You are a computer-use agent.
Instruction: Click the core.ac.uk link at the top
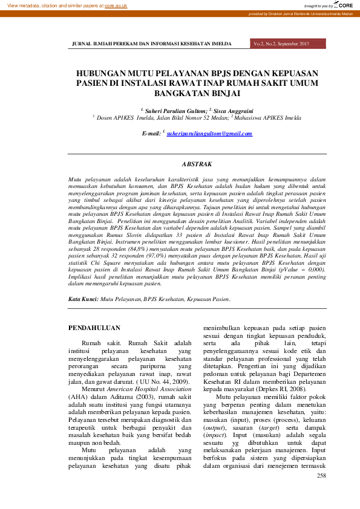click(116, 5)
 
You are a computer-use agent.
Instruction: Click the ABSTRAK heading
click(197, 164)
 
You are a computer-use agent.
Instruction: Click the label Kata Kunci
click(83, 299)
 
